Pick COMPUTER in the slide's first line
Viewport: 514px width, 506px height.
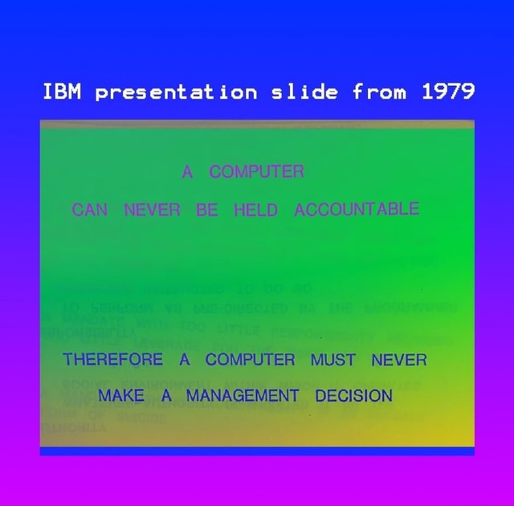tap(256, 171)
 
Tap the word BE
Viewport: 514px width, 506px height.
tap(207, 211)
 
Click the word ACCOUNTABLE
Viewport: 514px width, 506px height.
tap(356, 210)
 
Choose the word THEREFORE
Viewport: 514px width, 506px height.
tap(112, 359)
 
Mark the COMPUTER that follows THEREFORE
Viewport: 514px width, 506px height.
tap(251, 359)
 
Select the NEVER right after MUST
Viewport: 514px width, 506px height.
tap(399, 359)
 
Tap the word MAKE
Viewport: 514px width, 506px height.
tap(120, 395)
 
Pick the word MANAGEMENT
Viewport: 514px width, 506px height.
tap(243, 395)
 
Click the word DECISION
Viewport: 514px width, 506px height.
tap(353, 395)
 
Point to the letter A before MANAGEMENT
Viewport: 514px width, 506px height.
tap(166, 395)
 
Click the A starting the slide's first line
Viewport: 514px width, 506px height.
tap(188, 171)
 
